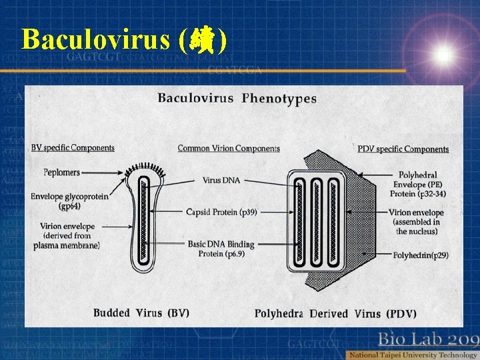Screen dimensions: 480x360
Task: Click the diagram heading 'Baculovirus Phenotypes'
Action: [237, 99]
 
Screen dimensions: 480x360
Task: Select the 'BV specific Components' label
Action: [73, 148]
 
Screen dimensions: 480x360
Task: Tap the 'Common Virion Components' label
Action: [229, 148]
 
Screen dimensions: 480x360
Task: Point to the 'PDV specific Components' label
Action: [403, 149]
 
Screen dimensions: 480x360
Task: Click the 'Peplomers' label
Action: [61, 172]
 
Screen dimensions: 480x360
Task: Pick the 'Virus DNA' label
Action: [222, 179]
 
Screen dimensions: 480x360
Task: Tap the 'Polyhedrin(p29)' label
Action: [419, 255]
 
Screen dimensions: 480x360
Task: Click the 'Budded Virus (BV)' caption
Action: [141, 313]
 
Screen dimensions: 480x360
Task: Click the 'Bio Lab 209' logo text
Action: [427, 338]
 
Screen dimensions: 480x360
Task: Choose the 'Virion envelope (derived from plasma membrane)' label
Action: [66, 236]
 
